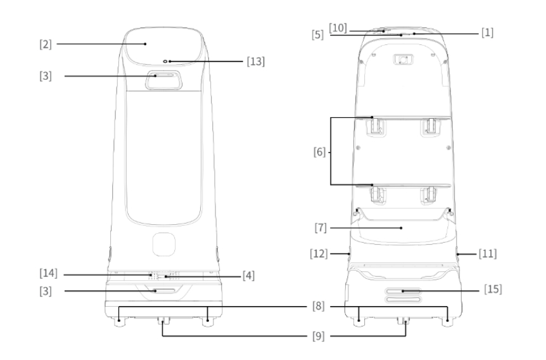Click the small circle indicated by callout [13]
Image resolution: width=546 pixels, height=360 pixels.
(x=166, y=61)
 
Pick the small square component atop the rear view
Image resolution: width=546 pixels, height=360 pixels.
(x=403, y=60)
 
